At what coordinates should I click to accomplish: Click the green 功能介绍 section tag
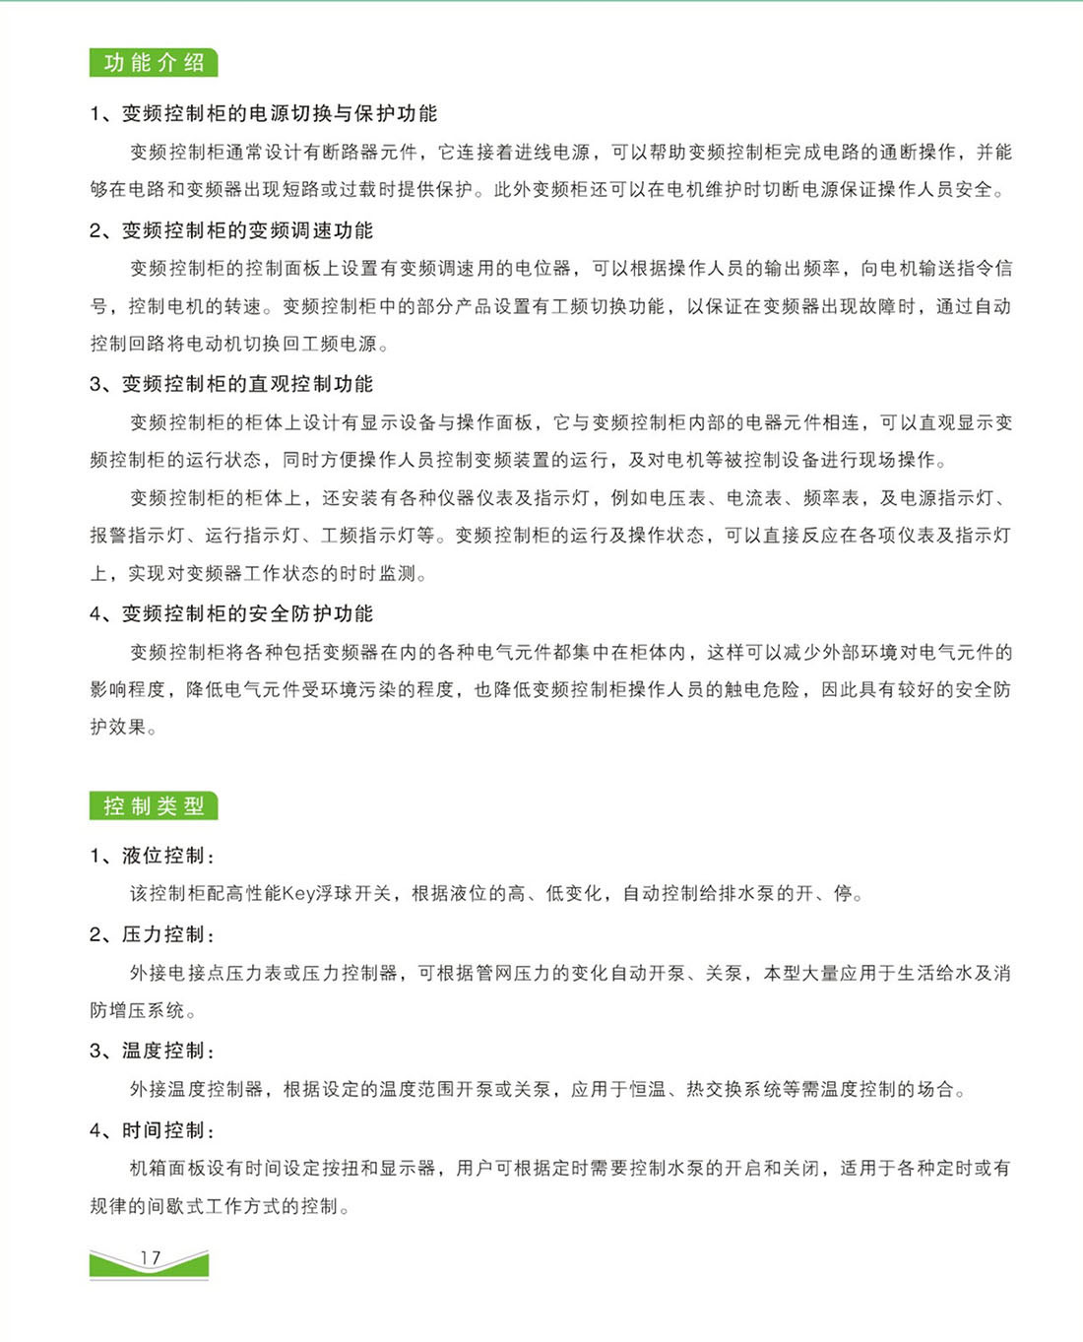(x=154, y=63)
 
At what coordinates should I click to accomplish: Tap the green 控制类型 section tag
(x=154, y=806)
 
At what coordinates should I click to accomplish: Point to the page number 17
(x=150, y=1258)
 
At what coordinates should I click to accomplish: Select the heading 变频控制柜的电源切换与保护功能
(x=279, y=113)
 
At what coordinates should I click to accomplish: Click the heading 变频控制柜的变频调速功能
(x=247, y=230)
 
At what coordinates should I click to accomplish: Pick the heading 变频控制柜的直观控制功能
(x=247, y=384)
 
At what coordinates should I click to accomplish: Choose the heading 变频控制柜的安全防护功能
(x=247, y=613)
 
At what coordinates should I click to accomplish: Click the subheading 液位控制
(x=162, y=856)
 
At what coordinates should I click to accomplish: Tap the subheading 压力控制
(x=162, y=934)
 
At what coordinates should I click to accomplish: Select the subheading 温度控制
(x=162, y=1051)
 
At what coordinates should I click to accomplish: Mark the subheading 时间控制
(x=162, y=1130)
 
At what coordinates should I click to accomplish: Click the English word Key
(x=298, y=894)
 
